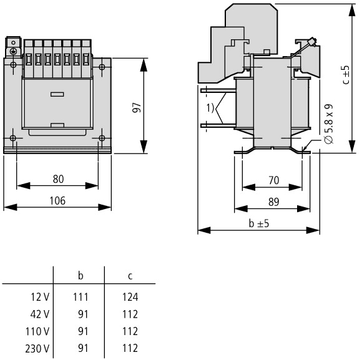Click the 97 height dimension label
[137, 107]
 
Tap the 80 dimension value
[58, 179]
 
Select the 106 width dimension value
[57, 200]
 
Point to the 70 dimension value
[274, 180]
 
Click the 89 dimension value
[274, 202]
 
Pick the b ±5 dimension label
[259, 223]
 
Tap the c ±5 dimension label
[346, 75]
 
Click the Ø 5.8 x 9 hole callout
[328, 124]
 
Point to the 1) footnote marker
[210, 108]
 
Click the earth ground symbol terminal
[13, 51]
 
